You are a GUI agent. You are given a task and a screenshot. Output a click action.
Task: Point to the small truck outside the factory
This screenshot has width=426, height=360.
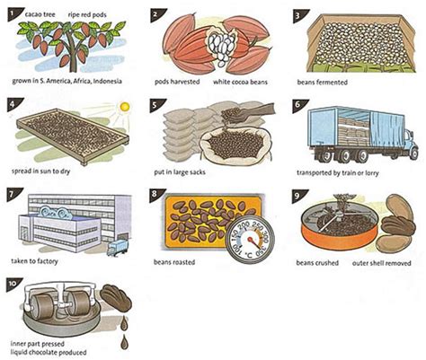click(116, 247)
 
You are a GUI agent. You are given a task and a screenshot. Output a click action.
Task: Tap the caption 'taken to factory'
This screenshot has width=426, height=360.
click(39, 266)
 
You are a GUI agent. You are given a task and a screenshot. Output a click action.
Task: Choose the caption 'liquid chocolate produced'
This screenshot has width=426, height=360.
click(49, 353)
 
